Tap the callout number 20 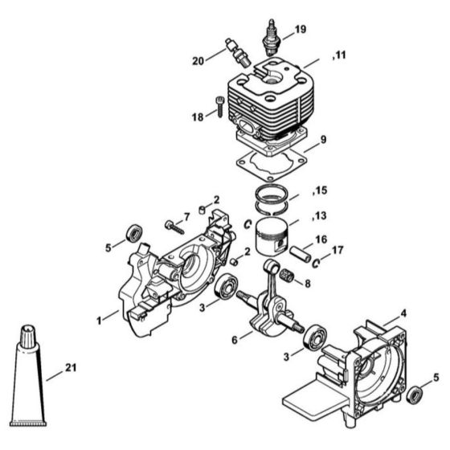point(198,61)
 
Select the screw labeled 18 point(219,106)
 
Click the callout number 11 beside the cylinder point(341,55)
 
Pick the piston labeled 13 point(272,237)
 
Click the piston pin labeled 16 point(300,254)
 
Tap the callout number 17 point(337,250)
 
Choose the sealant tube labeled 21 point(28,375)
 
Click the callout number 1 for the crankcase point(99,321)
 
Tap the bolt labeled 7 point(174,227)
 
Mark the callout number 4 point(403,313)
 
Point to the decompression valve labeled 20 point(238,53)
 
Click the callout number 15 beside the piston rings point(321,190)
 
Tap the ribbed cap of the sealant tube point(28,334)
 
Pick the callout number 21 point(71,368)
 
